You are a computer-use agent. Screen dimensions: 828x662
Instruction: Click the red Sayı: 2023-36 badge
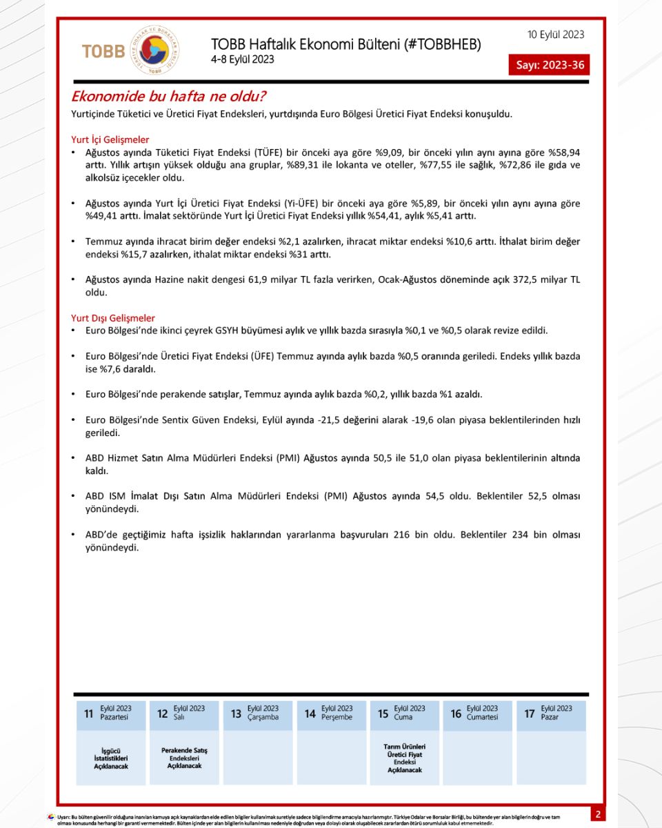click(x=549, y=66)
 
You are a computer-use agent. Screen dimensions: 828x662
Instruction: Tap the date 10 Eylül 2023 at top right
click(x=555, y=34)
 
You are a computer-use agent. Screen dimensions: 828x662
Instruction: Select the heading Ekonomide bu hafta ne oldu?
click(x=169, y=96)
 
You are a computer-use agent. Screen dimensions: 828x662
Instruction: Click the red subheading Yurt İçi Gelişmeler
click(x=110, y=139)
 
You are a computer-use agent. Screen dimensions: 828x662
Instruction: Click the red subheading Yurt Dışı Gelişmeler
click(x=112, y=318)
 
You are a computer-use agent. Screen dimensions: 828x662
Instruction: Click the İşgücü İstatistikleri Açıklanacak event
click(x=111, y=758)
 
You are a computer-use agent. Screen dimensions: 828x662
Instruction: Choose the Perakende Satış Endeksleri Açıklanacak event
click(x=184, y=758)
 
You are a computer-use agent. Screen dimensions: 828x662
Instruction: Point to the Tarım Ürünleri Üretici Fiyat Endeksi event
click(x=404, y=758)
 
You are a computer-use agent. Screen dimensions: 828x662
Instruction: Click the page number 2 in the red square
click(x=598, y=814)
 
